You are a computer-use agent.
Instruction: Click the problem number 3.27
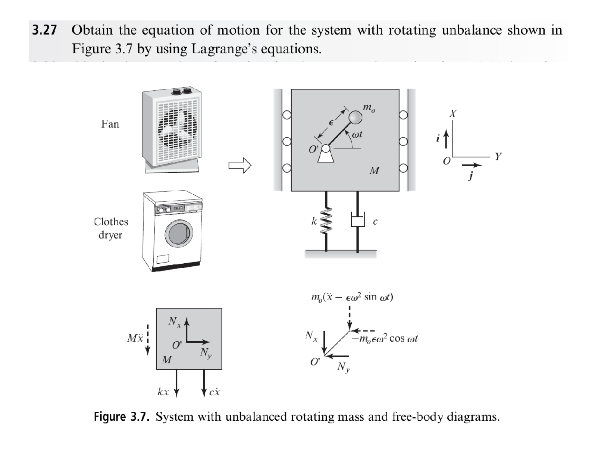(44, 30)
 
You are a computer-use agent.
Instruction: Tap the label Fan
(110, 124)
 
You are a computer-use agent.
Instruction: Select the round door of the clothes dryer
(179, 233)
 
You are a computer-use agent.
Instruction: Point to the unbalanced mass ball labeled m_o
(355, 118)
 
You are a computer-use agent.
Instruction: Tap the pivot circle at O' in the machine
(326, 148)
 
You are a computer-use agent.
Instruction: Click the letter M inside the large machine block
(374, 171)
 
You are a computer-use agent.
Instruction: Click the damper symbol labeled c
(357, 222)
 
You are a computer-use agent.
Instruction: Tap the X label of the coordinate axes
(453, 113)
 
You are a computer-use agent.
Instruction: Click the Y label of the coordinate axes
(498, 156)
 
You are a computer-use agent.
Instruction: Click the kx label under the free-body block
(163, 392)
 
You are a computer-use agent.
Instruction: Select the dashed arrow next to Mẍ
(148, 339)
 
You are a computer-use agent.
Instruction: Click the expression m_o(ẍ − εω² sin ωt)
(352, 297)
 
